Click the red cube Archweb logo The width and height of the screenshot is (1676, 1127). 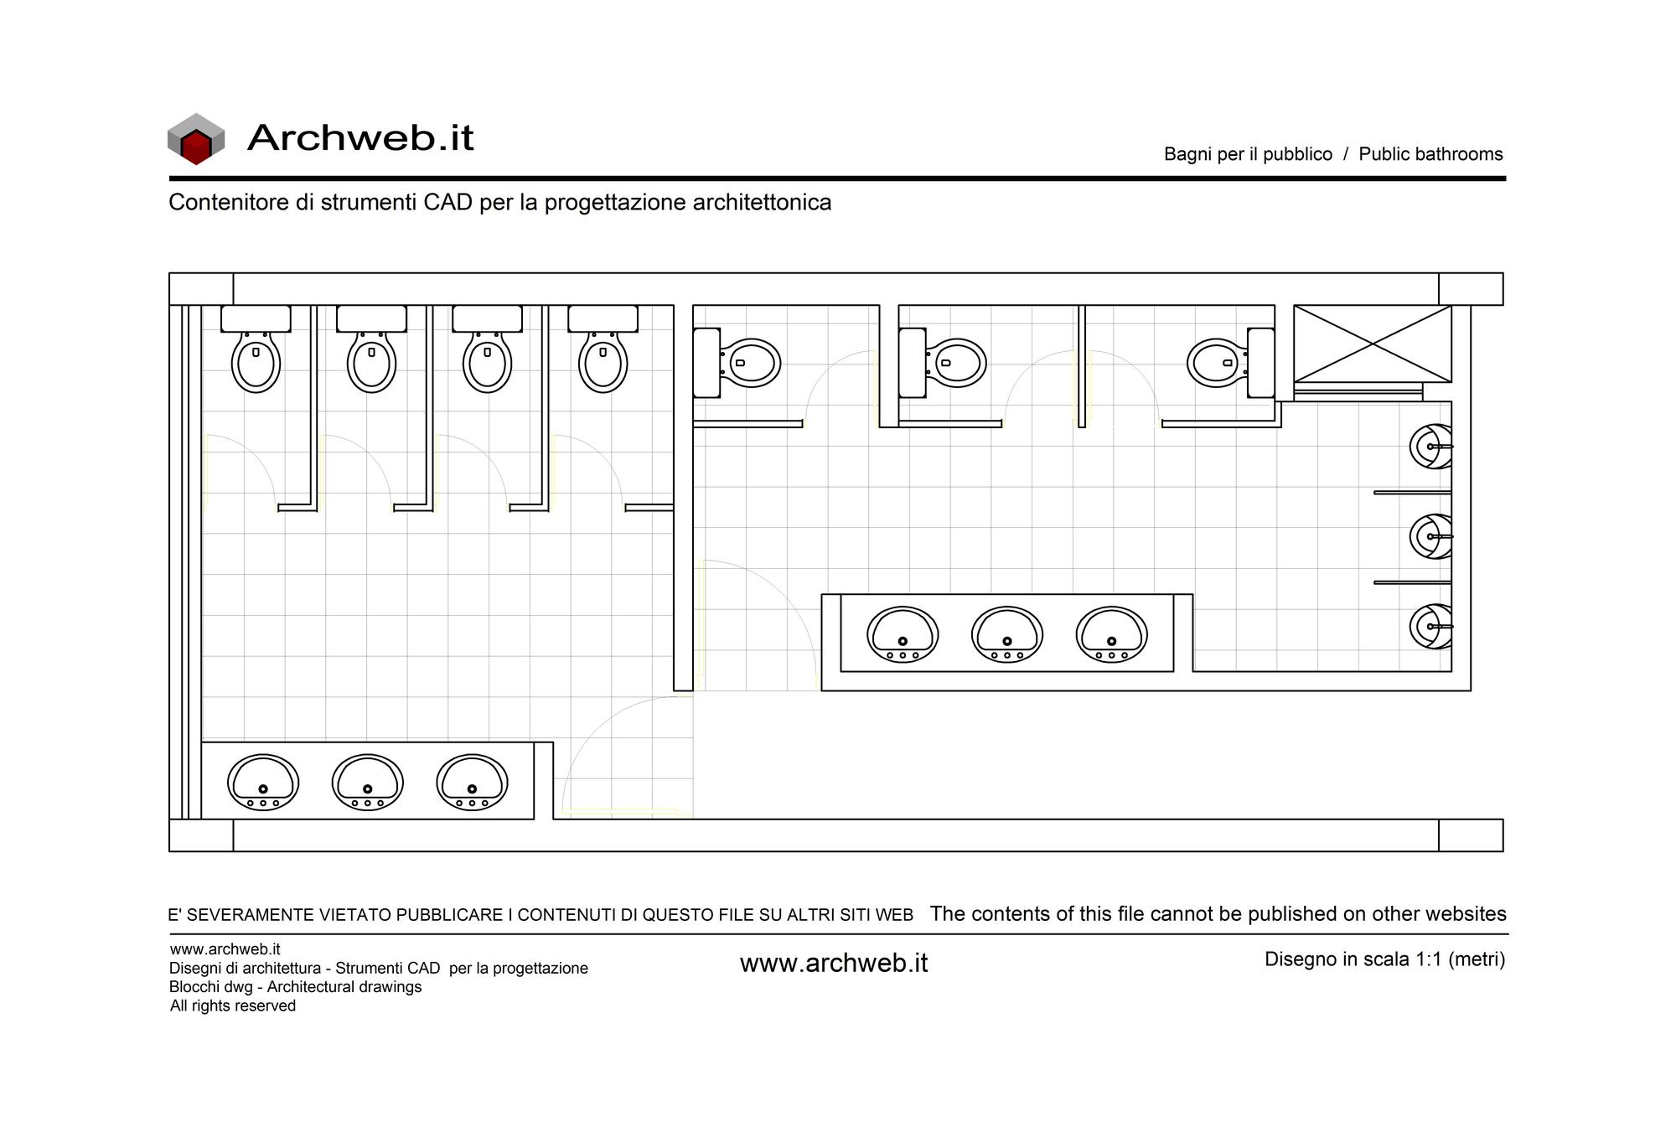pyautogui.click(x=196, y=139)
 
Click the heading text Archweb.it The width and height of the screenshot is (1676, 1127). pyautogui.click(x=360, y=137)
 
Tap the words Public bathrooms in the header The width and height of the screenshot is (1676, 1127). pyautogui.click(x=1430, y=154)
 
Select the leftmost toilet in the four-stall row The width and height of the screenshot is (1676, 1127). pyautogui.click(x=256, y=349)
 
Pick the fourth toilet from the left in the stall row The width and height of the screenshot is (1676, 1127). pyautogui.click(x=603, y=349)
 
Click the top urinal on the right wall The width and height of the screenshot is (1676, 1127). pyautogui.click(x=1431, y=447)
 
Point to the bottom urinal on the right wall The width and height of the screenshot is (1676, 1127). pyautogui.click(x=1431, y=626)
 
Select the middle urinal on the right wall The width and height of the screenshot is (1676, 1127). pyautogui.click(x=1431, y=536)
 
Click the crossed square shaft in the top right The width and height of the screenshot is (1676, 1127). pyautogui.click(x=1373, y=344)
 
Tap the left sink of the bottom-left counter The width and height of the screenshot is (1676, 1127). pyautogui.click(x=263, y=783)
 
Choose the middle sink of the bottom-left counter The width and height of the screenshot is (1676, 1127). pyautogui.click(x=368, y=783)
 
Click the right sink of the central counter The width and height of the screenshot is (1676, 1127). pyautogui.click(x=1112, y=634)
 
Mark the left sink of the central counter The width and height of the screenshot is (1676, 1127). pyautogui.click(x=903, y=634)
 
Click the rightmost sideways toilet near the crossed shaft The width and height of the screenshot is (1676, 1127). pyautogui.click(x=1231, y=363)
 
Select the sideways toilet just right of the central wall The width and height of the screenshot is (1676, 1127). pyautogui.click(x=737, y=363)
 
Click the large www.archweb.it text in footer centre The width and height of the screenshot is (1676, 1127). pyautogui.click(x=834, y=964)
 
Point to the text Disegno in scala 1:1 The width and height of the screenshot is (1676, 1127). pyautogui.click(x=1353, y=959)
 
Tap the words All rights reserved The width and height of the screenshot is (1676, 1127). pyautogui.click(x=233, y=1006)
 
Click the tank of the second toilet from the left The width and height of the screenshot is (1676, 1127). pyautogui.click(x=371, y=318)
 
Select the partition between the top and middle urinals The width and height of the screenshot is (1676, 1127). pyautogui.click(x=1412, y=493)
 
